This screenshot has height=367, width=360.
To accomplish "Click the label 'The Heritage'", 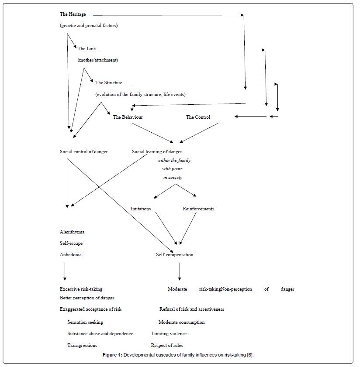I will click(x=73, y=14).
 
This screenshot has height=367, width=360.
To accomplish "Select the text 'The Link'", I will click(x=87, y=48).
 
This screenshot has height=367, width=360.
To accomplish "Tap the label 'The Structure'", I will click(x=109, y=82).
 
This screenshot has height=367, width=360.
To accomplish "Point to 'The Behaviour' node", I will click(x=128, y=117).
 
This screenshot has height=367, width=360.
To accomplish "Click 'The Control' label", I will click(x=198, y=117).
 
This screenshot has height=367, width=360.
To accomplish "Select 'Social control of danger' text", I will click(x=83, y=151).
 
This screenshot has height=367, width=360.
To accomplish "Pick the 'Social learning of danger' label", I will click(x=157, y=151).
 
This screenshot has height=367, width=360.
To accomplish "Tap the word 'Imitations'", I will click(x=141, y=209).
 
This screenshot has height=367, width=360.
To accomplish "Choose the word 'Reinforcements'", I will click(x=198, y=209).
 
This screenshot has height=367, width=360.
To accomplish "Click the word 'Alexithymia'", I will click(x=72, y=232).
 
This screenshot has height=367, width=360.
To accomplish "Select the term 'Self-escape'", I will click(x=71, y=243).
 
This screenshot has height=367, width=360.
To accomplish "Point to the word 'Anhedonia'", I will click(x=70, y=254).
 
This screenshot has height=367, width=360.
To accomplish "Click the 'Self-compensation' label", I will click(x=174, y=254).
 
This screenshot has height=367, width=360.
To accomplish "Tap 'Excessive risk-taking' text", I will click(x=81, y=289).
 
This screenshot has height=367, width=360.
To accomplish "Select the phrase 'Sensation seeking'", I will click(x=85, y=322).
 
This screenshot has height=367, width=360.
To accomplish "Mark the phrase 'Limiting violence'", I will click(x=169, y=333).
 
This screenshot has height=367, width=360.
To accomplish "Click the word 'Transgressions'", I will click(x=82, y=345).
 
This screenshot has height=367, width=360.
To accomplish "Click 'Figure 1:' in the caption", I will click(x=112, y=355).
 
